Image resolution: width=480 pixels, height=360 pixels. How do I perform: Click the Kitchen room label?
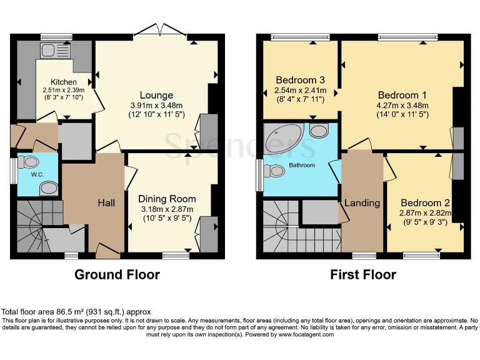(x=64, y=82)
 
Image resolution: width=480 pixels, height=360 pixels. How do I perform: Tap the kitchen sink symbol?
(x=48, y=50)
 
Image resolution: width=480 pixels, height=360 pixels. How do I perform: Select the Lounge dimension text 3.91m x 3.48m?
(x=152, y=105)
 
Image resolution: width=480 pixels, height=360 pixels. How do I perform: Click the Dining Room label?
(x=167, y=199)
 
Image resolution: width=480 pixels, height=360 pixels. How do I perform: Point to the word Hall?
(x=106, y=203)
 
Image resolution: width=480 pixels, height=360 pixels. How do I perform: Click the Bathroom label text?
(x=301, y=165)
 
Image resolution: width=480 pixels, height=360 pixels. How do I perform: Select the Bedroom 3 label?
(x=300, y=80)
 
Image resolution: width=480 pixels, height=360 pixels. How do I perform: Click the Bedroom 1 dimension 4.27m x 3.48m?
(x=401, y=105)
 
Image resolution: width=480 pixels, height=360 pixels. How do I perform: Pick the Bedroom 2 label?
(x=426, y=202)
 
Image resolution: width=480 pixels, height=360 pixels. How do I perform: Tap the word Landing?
(x=362, y=203)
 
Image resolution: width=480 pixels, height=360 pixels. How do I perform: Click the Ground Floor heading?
(x=117, y=274)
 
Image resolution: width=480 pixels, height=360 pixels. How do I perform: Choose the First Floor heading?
(x=363, y=274)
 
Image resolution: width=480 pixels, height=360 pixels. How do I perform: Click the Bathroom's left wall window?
(x=259, y=174)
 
